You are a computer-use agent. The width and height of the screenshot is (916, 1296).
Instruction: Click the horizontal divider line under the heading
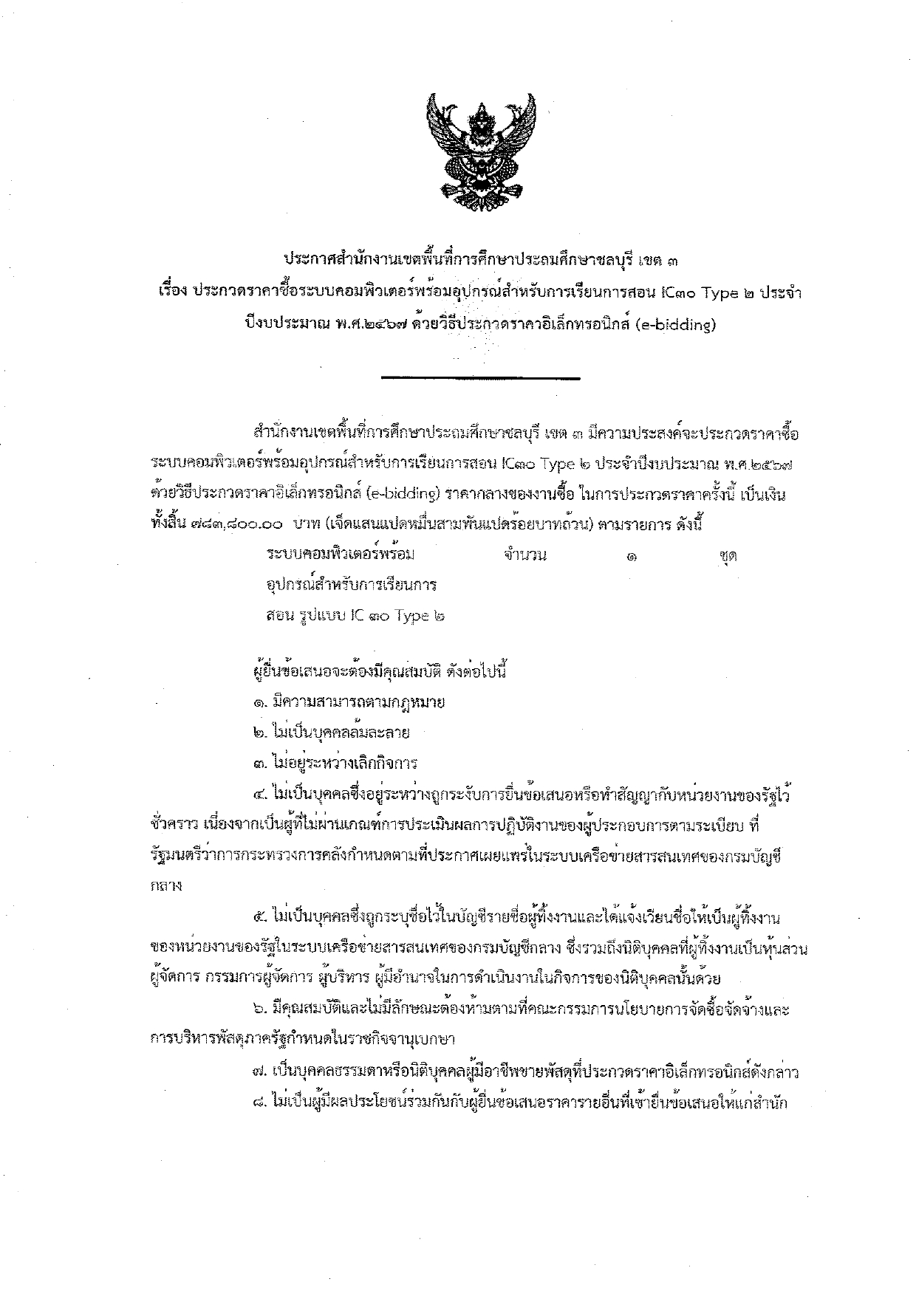coord(481,379)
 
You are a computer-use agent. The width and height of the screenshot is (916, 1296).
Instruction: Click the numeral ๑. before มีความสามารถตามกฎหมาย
coord(259,702)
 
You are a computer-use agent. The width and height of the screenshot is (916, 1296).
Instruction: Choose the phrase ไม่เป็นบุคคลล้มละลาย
coord(341,733)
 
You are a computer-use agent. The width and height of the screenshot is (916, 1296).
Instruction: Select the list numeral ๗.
coord(259,1071)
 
